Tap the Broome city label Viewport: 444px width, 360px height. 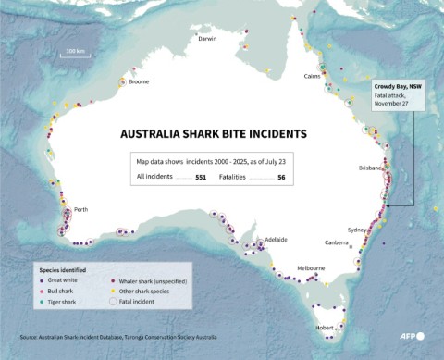[x=139, y=82]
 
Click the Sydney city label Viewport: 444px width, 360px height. [x=357, y=229]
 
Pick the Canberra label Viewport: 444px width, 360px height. [x=338, y=242]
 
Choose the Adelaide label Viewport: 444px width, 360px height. [x=276, y=239]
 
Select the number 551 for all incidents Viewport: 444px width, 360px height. [x=200, y=175]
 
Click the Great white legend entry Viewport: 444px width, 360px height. [x=61, y=280]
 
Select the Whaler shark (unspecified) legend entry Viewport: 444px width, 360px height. [x=152, y=280]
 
